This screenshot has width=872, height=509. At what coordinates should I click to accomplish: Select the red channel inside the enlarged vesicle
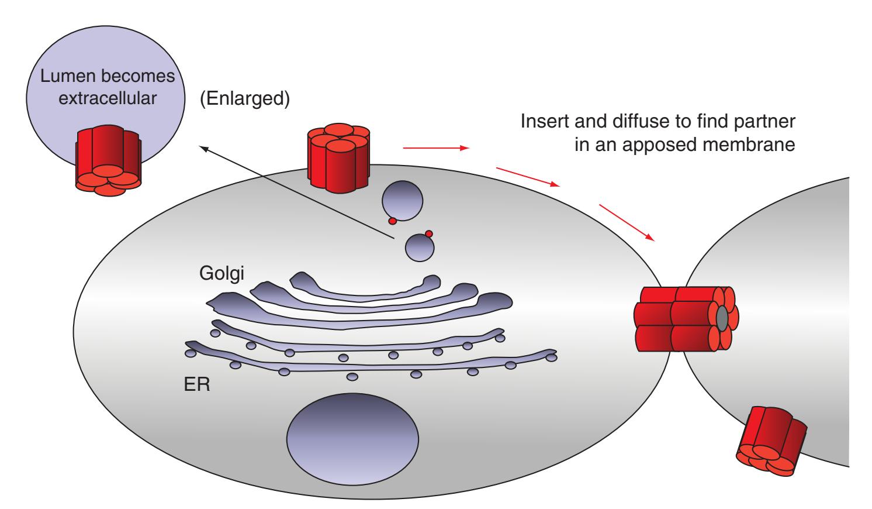[108, 157]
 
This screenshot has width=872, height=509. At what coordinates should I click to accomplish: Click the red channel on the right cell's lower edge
[772, 439]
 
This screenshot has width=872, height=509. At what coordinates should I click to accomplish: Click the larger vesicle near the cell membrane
[402, 200]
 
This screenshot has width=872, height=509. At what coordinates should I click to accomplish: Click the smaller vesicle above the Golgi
[420, 248]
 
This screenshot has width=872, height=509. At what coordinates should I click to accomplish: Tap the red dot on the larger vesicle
[393, 221]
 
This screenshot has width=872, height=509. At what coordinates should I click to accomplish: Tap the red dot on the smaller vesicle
[429, 233]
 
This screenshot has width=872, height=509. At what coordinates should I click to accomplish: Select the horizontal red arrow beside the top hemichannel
[436, 148]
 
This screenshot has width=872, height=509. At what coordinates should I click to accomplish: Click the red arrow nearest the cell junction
[626, 222]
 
